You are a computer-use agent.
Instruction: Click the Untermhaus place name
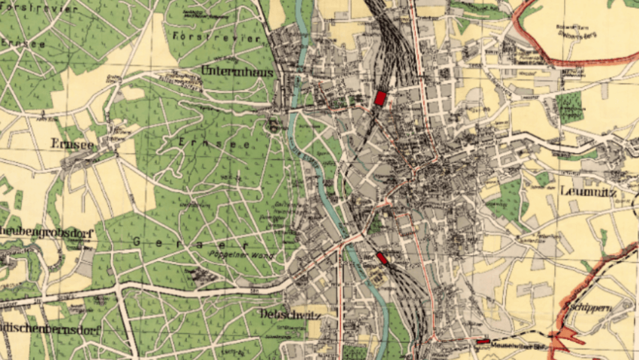237,72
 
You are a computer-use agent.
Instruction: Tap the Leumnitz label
587,192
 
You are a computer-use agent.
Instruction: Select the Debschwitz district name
290,315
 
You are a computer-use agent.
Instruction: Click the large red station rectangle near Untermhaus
380,98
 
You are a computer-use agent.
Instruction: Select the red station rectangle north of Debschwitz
382,258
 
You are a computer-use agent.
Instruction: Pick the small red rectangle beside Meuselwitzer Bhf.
483,341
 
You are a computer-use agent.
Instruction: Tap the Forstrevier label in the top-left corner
39,9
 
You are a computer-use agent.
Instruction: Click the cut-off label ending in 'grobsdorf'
46,233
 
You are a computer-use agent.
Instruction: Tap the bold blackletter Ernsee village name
72,144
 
